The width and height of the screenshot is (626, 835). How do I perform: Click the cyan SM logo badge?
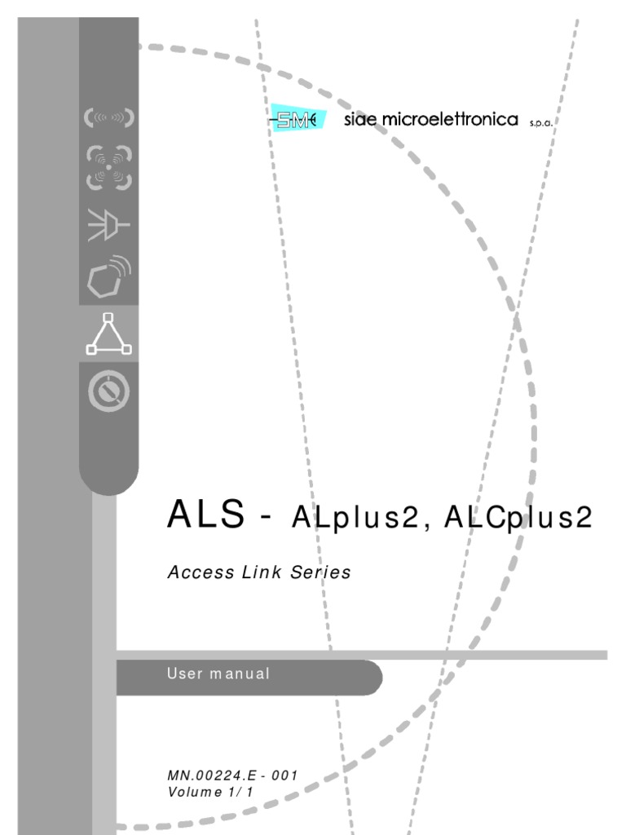(297, 121)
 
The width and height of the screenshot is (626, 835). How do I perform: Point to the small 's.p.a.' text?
(542, 123)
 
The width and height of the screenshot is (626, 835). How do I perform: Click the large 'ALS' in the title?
(205, 515)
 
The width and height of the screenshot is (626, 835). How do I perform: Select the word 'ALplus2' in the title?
(354, 518)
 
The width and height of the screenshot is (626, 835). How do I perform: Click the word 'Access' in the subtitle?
(193, 572)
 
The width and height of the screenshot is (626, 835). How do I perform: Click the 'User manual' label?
(218, 674)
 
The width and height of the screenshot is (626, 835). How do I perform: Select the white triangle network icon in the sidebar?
(108, 334)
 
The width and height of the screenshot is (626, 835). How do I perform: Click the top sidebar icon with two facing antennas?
(108, 117)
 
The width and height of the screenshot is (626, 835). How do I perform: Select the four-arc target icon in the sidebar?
(108, 168)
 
